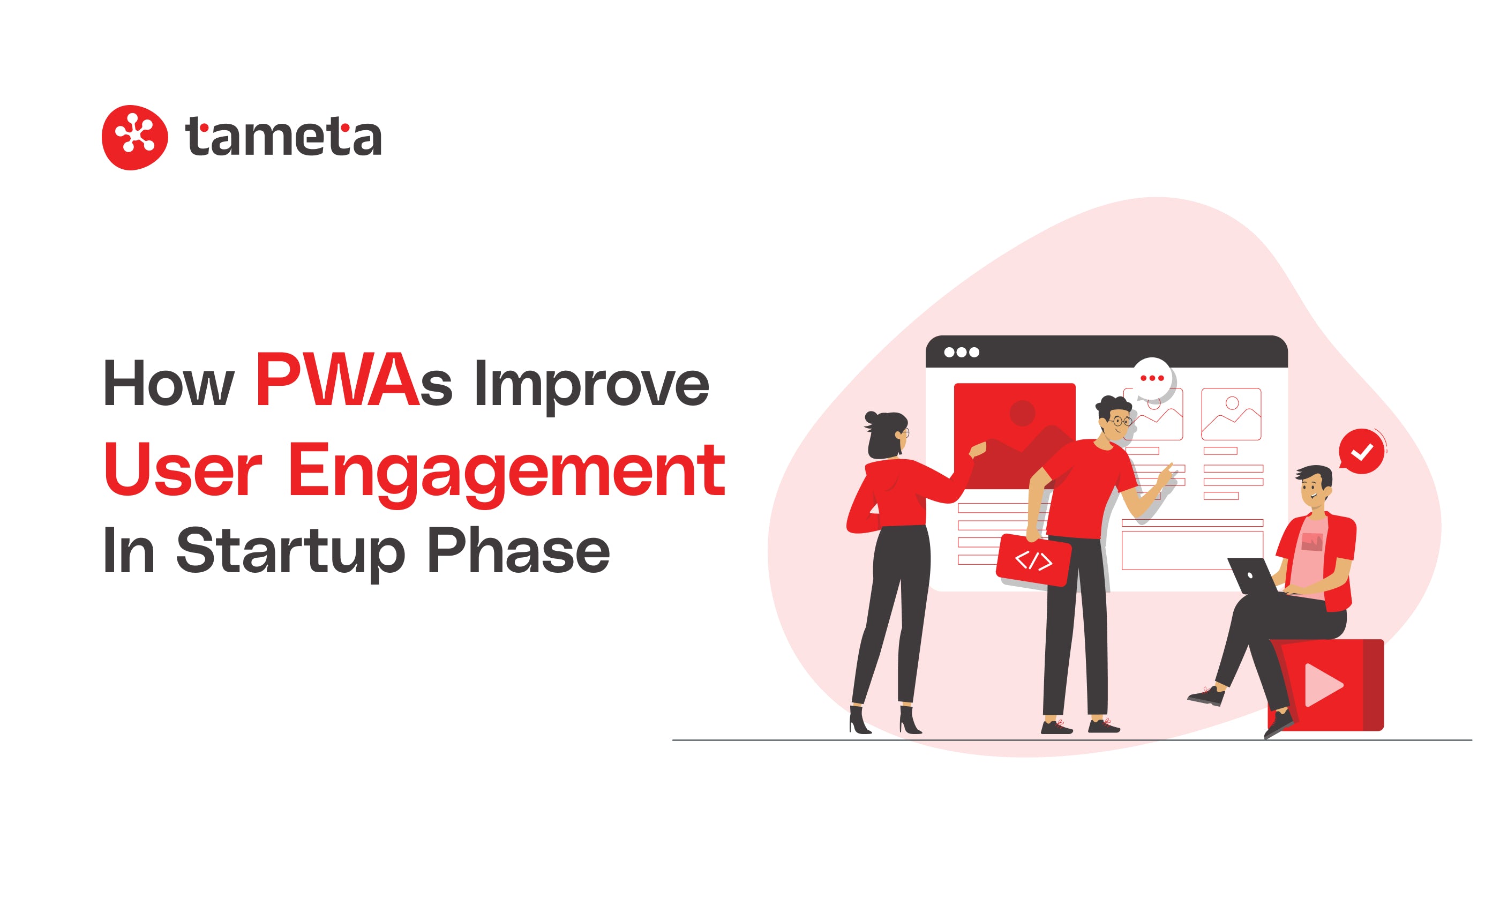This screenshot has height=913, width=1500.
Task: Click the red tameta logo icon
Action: click(x=134, y=138)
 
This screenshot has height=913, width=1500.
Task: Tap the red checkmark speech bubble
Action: click(x=1361, y=451)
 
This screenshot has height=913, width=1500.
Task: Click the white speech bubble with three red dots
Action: click(x=1152, y=379)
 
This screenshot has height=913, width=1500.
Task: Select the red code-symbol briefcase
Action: click(x=1034, y=560)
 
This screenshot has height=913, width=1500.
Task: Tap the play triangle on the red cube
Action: click(x=1323, y=685)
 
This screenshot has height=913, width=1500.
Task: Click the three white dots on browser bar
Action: click(x=961, y=352)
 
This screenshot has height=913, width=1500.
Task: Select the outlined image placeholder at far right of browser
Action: click(x=1231, y=414)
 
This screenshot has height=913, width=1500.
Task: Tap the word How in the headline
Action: click(x=169, y=384)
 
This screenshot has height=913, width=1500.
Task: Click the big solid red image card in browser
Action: click(x=1014, y=436)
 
